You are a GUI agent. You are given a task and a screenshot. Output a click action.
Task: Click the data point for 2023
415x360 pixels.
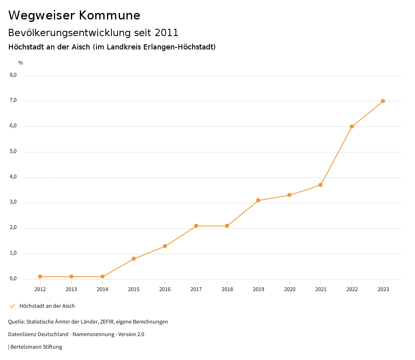click(383, 101)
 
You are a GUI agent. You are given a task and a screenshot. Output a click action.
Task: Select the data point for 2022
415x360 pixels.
click(352, 126)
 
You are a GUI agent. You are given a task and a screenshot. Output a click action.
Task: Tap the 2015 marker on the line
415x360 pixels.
click(134, 259)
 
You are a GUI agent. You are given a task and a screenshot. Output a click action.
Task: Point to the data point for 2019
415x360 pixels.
click(258, 200)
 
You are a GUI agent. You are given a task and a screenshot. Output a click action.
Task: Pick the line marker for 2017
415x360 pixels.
click(196, 226)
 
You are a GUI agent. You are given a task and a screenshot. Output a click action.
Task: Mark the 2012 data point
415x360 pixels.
click(40, 276)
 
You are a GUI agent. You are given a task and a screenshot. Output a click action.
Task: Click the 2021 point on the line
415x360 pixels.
click(321, 185)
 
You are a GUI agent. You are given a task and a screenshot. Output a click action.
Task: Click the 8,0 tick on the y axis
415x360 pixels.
click(13, 75)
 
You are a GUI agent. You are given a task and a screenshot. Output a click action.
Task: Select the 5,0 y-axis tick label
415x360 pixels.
click(13, 151)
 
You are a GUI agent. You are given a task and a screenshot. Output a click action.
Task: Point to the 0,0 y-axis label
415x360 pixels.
click(13, 279)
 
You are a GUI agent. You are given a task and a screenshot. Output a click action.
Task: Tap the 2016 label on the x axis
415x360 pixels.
click(165, 289)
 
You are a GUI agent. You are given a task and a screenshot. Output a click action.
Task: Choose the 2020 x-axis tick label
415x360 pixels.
click(289, 289)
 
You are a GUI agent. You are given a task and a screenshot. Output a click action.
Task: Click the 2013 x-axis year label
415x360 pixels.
click(71, 289)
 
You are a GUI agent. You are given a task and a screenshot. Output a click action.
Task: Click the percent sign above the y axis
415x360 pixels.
click(21, 63)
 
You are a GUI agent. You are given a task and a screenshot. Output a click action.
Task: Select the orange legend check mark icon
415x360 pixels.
click(12, 306)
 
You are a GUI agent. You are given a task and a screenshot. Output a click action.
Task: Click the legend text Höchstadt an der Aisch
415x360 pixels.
click(47, 306)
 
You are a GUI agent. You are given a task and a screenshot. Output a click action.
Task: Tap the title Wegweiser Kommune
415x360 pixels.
click(74, 15)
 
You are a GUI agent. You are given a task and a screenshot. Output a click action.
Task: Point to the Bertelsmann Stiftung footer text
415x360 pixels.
click(36, 347)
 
